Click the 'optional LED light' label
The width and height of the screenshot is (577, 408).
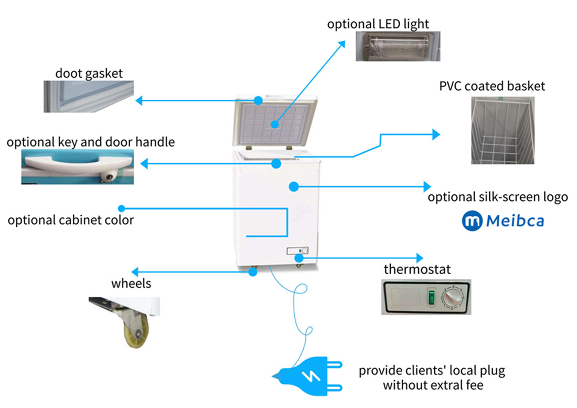(378, 24)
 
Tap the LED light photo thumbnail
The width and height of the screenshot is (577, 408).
(398, 46)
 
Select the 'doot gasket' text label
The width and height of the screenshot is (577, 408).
(89, 73)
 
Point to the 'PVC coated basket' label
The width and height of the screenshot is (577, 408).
(492, 86)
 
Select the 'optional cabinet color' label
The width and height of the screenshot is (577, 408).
(70, 220)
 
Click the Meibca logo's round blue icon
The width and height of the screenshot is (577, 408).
(472, 221)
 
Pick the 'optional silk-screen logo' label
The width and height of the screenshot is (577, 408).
(497, 197)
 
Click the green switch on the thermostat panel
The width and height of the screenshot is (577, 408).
(431, 297)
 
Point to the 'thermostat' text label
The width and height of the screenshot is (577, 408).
(417, 270)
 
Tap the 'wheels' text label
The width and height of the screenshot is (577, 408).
(131, 284)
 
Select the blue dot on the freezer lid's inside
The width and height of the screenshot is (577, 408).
(275, 124)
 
